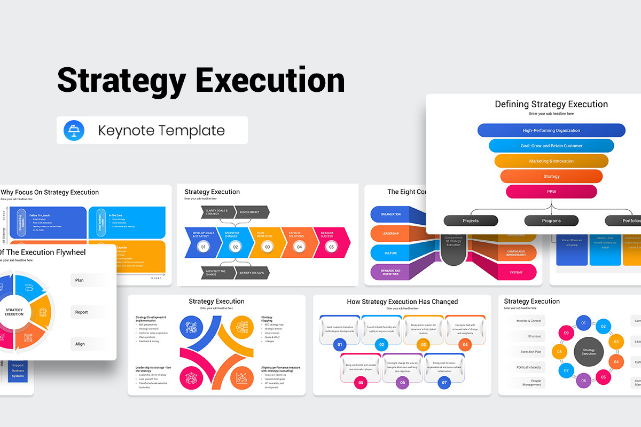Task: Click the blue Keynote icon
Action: click(x=74, y=131)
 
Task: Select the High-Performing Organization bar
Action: click(x=551, y=130)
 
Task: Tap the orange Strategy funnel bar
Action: click(x=551, y=176)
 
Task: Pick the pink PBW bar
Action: click(x=551, y=191)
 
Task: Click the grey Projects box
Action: click(x=471, y=220)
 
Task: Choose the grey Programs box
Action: click(x=551, y=220)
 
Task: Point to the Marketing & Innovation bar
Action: click(x=551, y=161)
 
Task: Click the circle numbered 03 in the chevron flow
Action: click(x=267, y=247)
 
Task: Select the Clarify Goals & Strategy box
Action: click(x=217, y=212)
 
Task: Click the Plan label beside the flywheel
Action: click(x=80, y=280)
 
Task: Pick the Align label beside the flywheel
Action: click(x=80, y=344)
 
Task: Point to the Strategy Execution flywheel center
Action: click(x=14, y=312)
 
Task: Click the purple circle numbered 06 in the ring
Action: click(x=583, y=380)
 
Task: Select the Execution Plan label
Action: click(x=530, y=352)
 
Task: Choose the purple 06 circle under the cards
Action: click(x=403, y=382)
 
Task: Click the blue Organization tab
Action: click(x=391, y=215)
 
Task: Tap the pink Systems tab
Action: click(x=516, y=272)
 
